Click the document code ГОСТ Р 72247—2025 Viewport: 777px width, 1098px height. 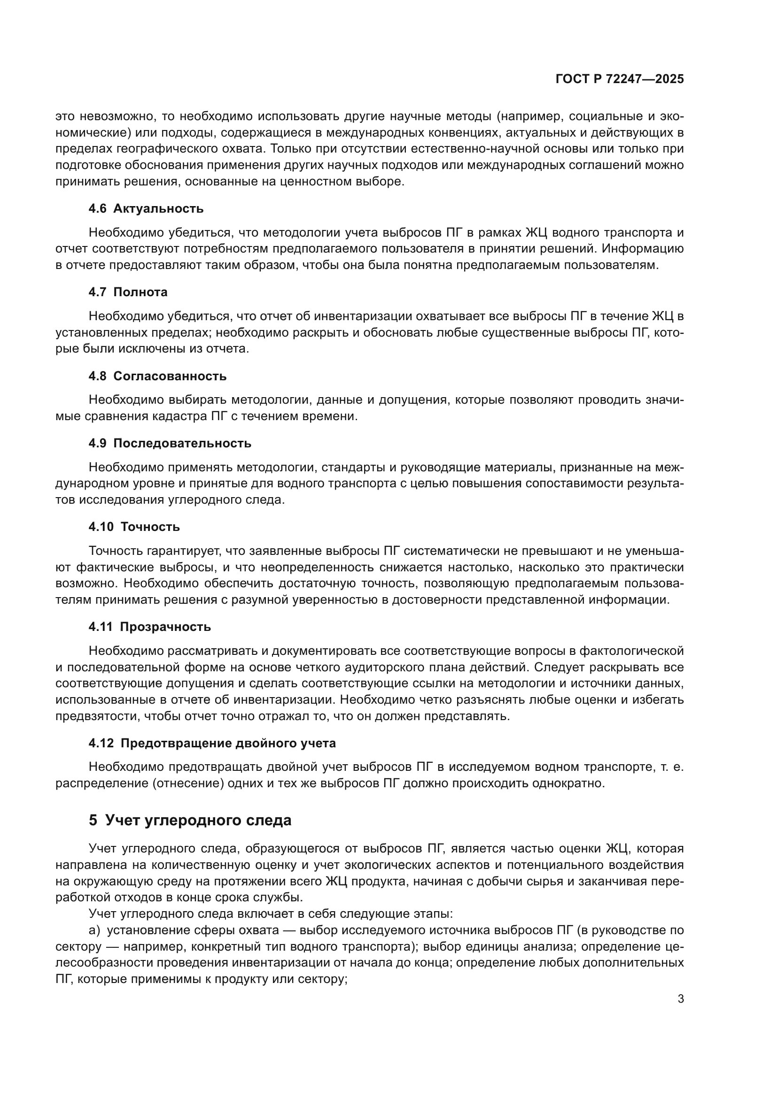(x=620, y=79)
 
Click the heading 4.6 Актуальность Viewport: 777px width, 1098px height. (x=146, y=208)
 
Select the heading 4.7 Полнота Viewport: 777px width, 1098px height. (x=128, y=292)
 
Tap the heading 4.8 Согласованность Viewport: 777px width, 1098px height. (x=157, y=376)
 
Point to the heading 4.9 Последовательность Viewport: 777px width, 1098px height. (x=170, y=443)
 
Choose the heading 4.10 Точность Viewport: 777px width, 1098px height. (x=134, y=527)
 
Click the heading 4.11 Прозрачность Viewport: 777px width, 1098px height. (x=149, y=627)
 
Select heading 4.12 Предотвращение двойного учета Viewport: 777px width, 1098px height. (x=212, y=743)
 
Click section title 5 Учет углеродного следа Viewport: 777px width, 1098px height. (x=190, y=821)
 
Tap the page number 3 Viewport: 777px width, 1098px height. (x=680, y=999)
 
